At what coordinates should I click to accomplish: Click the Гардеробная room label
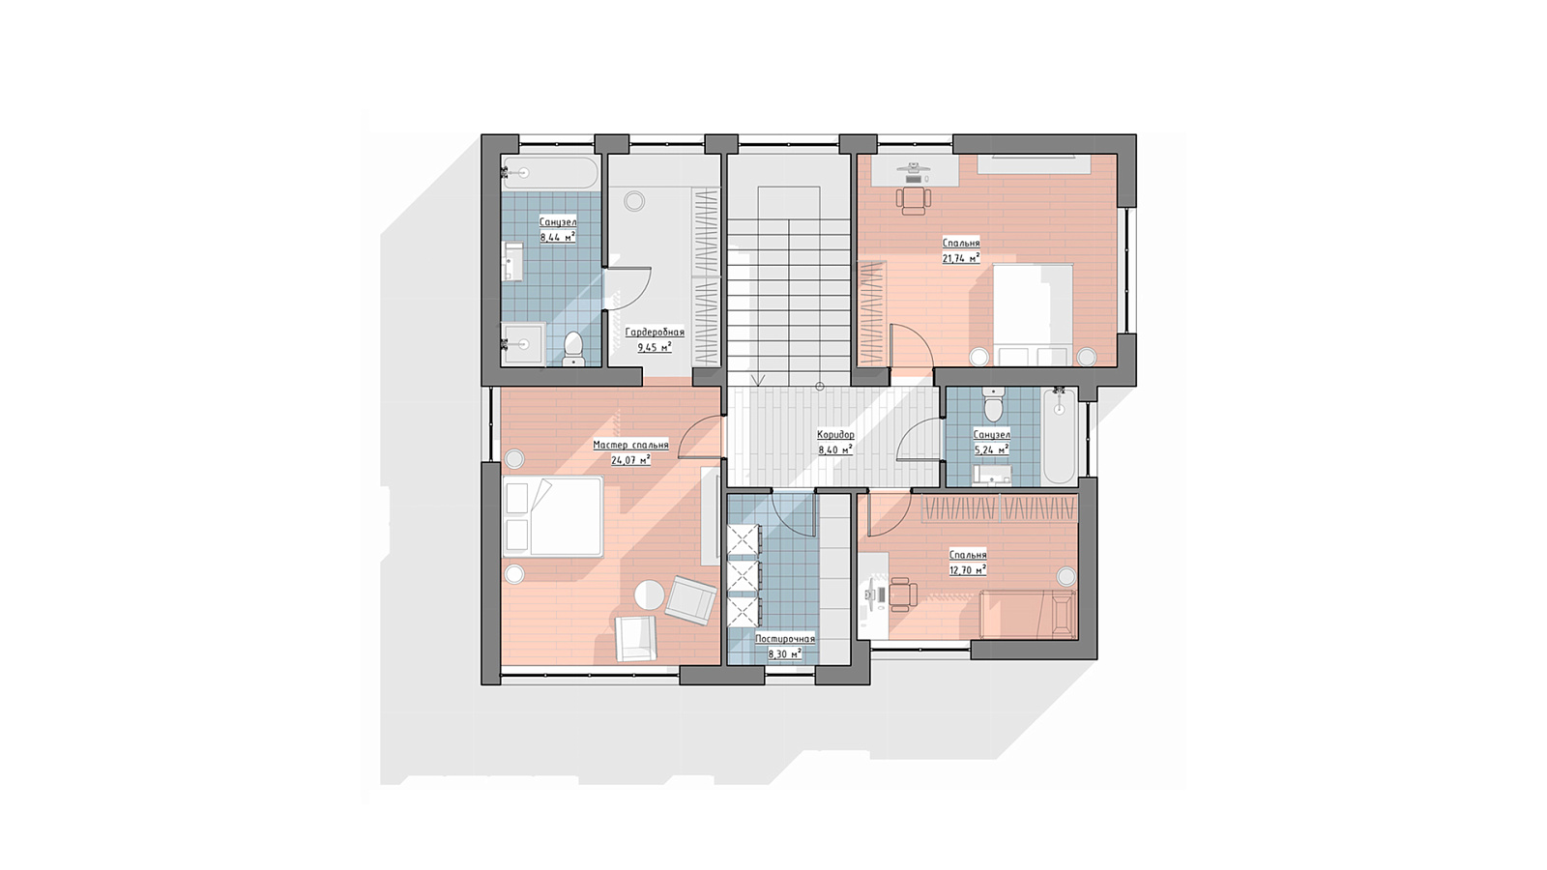coord(655,333)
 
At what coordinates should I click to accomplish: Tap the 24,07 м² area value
coord(630,459)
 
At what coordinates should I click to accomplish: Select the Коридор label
coord(835,435)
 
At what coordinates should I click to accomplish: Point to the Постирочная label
coord(785,639)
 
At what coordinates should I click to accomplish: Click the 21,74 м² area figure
coord(961,258)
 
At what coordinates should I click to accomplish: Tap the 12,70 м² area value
coord(968,569)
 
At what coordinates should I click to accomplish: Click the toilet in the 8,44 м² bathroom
coord(573,349)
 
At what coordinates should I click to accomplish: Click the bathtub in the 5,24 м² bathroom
coord(1060,435)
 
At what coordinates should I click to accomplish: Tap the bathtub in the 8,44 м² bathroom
coord(550,173)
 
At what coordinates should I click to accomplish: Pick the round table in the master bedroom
coord(649,594)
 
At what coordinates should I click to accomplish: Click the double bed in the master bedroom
coord(552,515)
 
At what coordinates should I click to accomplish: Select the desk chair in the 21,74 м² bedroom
coord(913,198)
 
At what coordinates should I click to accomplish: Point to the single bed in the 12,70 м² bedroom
coord(1028,615)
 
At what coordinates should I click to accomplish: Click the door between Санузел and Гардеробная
coord(628,289)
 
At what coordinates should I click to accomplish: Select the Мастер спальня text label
coord(630,446)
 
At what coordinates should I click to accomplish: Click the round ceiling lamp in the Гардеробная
coord(634,202)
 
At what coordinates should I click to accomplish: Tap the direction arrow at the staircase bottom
coord(758,379)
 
